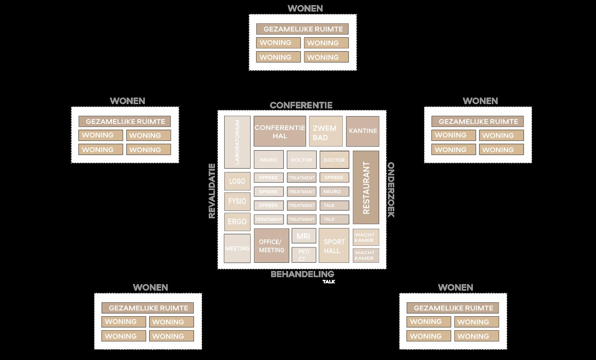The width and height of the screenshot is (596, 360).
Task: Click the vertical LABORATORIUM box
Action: tap(237, 142)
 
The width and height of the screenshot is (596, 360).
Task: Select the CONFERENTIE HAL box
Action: tap(280, 131)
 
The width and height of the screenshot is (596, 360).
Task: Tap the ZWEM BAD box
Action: tap(326, 131)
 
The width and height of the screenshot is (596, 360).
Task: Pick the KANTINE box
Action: tap(362, 131)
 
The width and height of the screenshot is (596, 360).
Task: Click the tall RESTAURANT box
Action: tap(366, 187)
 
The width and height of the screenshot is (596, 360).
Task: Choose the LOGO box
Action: tap(237, 181)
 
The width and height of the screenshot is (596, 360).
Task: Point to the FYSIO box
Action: tap(237, 201)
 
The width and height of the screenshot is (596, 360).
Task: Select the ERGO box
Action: tap(237, 222)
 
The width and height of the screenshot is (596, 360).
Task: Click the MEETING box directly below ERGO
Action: tap(237, 249)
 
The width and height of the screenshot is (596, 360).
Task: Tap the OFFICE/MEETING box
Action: tap(271, 245)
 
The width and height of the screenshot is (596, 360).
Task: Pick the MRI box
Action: tap(304, 236)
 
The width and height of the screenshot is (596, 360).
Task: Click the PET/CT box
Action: tap(304, 255)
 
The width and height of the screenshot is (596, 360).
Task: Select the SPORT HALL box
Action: tap(334, 245)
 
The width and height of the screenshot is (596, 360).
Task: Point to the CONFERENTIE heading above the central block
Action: tap(301, 105)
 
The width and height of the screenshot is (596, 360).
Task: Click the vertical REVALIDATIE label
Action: tap(212, 191)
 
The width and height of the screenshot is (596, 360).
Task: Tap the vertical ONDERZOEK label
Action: tap(391, 190)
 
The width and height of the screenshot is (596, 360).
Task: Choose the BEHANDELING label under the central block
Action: tap(302, 274)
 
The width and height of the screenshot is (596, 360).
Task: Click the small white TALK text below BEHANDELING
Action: tap(329, 282)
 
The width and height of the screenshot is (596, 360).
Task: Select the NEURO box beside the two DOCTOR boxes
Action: tap(269, 160)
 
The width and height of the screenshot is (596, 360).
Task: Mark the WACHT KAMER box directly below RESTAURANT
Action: tap(366, 237)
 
